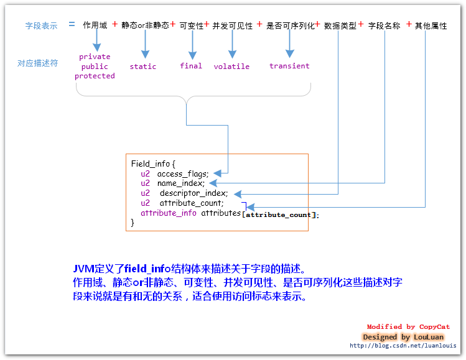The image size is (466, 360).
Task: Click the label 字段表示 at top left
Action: tap(41, 26)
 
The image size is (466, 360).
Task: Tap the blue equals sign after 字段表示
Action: tap(72, 25)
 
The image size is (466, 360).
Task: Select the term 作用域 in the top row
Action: tap(95, 26)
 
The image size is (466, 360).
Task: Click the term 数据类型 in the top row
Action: tap(340, 26)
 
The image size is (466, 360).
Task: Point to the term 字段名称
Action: tap(384, 26)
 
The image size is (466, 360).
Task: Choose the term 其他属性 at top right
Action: tap(431, 26)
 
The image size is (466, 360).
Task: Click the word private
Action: tap(95, 57)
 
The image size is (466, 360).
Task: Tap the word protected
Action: tap(95, 76)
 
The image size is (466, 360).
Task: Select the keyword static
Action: tap(143, 67)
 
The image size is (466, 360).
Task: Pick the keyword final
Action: tap(191, 66)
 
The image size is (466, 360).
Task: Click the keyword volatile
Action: tap(231, 67)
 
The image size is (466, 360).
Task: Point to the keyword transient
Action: tap(289, 66)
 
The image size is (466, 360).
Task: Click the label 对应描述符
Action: tap(37, 63)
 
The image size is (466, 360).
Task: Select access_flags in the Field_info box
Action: tap(182, 174)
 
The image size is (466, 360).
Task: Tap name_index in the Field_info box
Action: tap(180, 183)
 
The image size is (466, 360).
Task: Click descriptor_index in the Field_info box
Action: tap(193, 193)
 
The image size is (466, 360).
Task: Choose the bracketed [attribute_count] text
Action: tap(280, 215)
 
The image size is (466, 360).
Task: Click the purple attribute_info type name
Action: tap(169, 213)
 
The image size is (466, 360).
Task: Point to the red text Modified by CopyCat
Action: tap(408, 327)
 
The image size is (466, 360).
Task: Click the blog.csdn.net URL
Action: tap(403, 346)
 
